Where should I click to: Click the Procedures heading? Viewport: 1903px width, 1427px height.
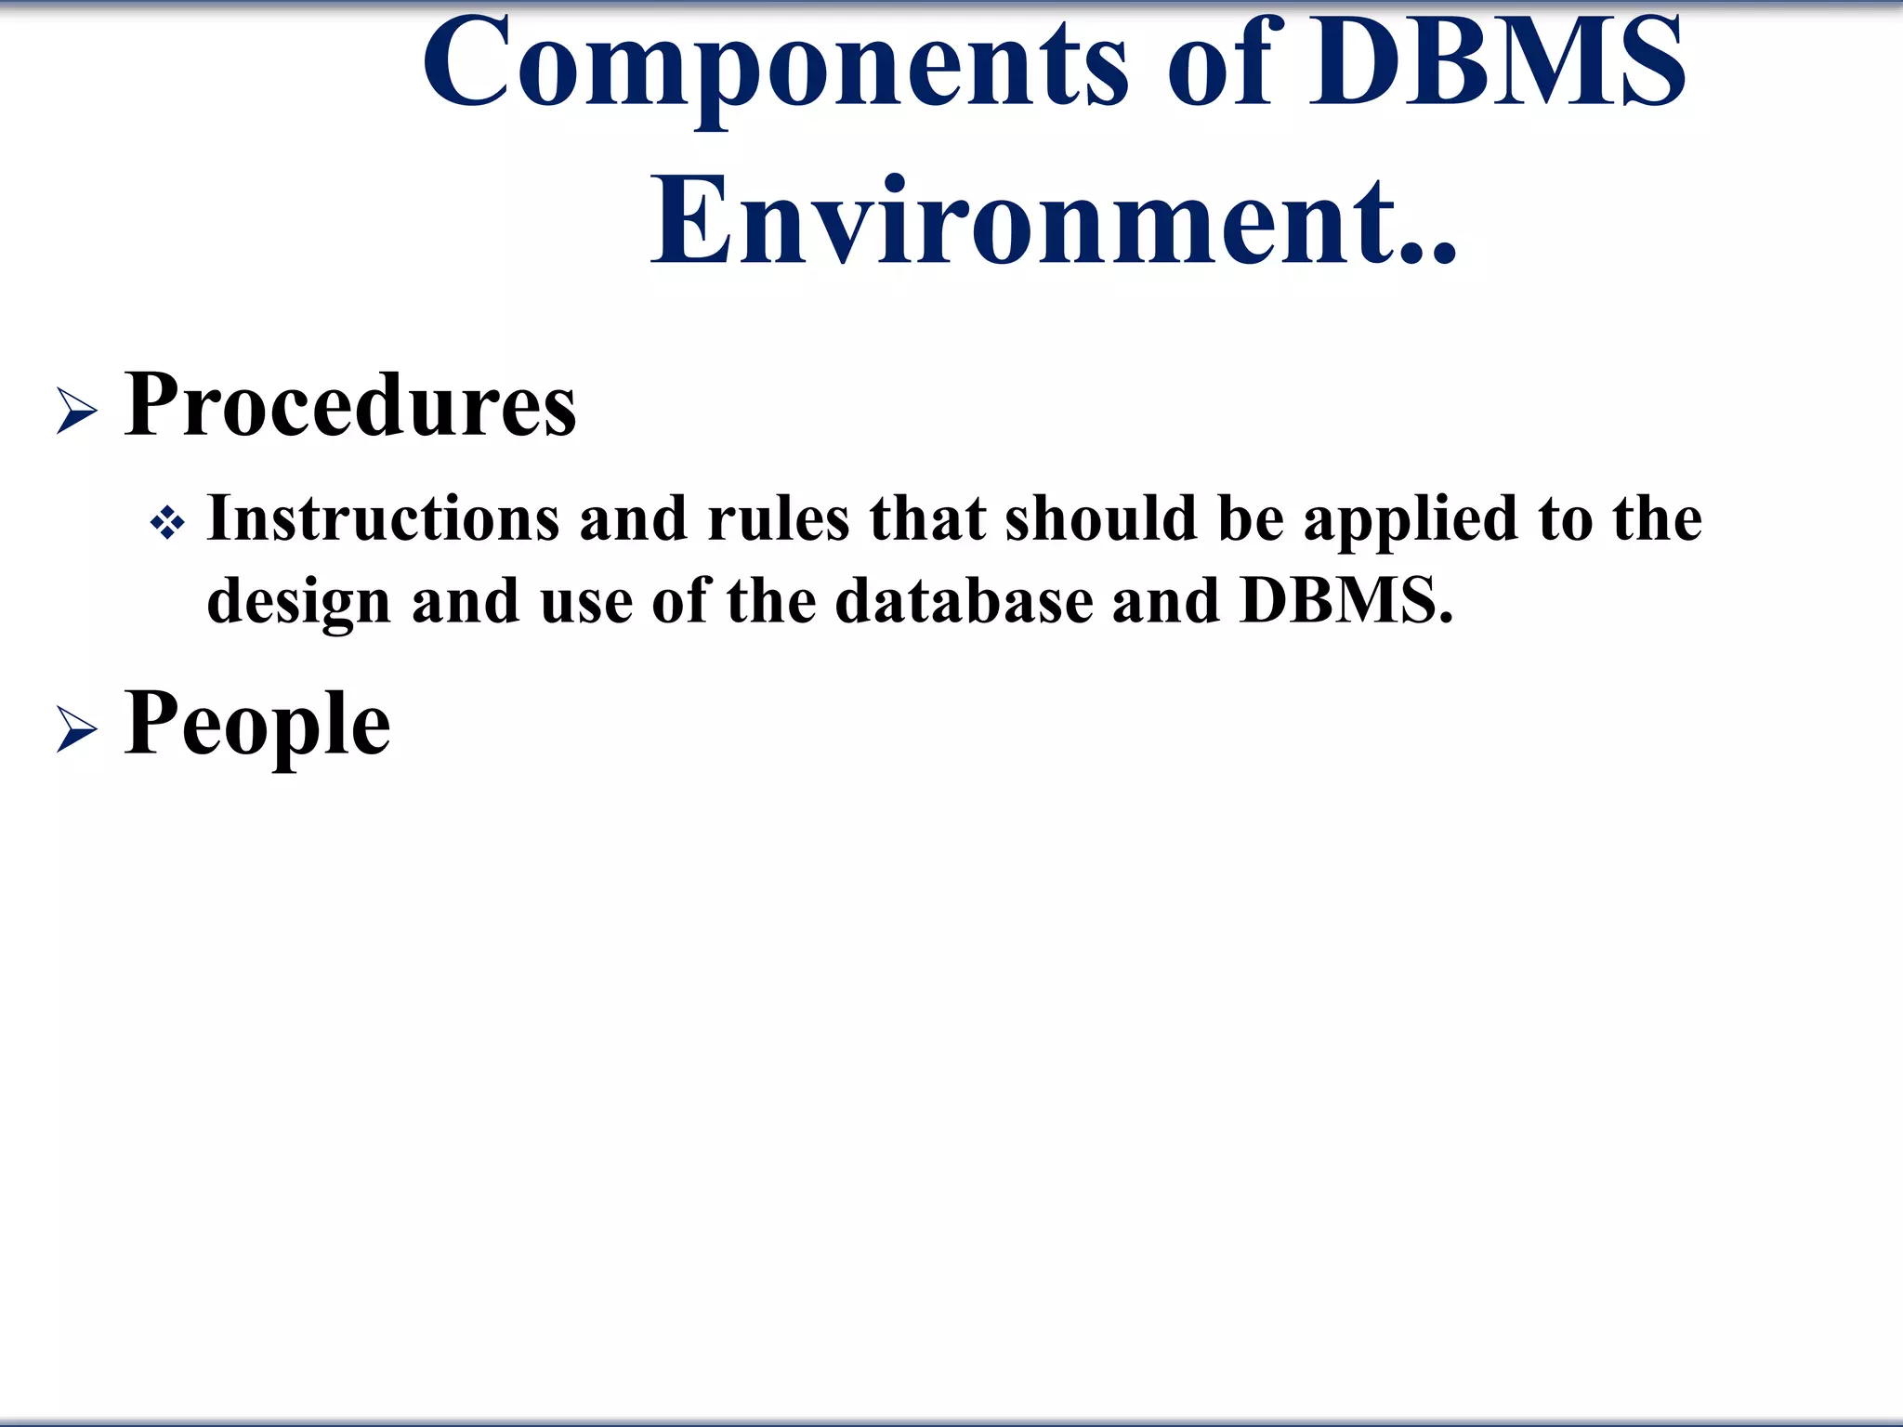tap(350, 405)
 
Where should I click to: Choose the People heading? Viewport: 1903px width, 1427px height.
tap(257, 725)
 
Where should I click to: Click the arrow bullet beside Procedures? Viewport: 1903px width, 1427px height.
tap(76, 411)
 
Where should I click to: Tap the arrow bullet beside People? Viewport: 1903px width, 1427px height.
tap(76, 728)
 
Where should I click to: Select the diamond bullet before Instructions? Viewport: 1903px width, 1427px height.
tap(167, 524)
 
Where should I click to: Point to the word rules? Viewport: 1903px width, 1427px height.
tap(779, 518)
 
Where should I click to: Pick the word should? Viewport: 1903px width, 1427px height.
tap(1100, 518)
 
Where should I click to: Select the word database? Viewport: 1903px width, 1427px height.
tap(964, 600)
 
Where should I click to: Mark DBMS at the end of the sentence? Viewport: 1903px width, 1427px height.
tap(1345, 600)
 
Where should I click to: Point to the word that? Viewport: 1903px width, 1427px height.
tap(926, 518)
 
